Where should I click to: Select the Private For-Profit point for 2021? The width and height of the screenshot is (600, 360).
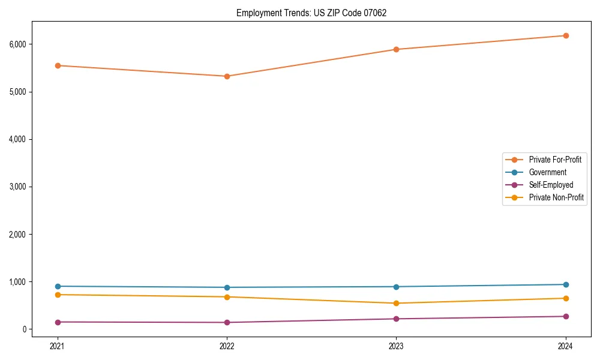pyautogui.click(x=58, y=65)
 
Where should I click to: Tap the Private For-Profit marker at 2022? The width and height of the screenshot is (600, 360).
pyautogui.click(x=227, y=76)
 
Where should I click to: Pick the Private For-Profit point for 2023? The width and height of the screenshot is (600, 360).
pyautogui.click(x=396, y=49)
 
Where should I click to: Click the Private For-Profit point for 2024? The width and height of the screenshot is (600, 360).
pyautogui.click(x=566, y=35)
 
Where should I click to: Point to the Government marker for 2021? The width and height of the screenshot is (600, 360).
pyautogui.click(x=58, y=286)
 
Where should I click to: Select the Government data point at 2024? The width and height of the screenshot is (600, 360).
pyautogui.click(x=566, y=284)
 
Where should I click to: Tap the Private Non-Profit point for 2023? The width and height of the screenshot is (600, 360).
pyautogui.click(x=396, y=303)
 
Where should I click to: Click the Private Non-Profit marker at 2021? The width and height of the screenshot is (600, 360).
pyautogui.click(x=58, y=295)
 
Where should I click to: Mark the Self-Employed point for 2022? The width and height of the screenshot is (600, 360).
pyautogui.click(x=227, y=322)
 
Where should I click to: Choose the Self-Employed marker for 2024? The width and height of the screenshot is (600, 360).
pyautogui.click(x=566, y=316)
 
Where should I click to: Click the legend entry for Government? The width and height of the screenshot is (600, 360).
pyautogui.click(x=547, y=172)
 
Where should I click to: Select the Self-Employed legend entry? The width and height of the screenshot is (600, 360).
pyautogui.click(x=551, y=185)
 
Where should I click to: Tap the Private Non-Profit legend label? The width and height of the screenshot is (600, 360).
pyautogui.click(x=556, y=197)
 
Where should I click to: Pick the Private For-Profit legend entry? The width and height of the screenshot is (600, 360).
pyautogui.click(x=554, y=160)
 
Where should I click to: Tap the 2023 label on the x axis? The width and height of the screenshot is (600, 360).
pyautogui.click(x=396, y=346)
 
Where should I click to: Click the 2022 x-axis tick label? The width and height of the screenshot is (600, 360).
pyautogui.click(x=227, y=346)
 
